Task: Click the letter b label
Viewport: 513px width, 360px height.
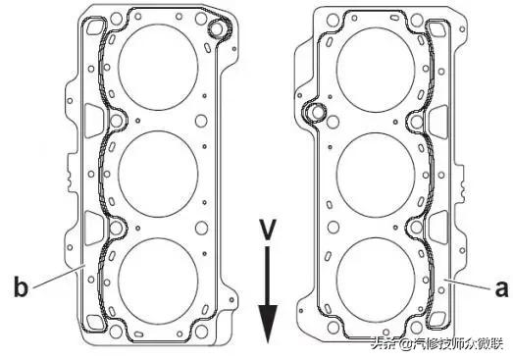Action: [21, 286]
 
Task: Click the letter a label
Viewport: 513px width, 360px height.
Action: [501, 289]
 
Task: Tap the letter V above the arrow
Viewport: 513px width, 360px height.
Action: [268, 230]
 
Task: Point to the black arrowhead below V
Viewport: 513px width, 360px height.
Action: [268, 324]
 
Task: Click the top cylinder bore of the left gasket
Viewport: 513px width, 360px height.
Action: [158, 67]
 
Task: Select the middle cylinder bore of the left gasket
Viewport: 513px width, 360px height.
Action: [158, 174]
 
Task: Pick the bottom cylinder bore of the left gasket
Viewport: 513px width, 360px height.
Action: [158, 281]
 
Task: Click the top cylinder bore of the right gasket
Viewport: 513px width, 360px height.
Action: [376, 70]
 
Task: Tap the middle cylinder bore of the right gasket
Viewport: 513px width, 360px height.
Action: [376, 176]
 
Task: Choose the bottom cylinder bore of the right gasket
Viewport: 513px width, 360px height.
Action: [376, 281]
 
